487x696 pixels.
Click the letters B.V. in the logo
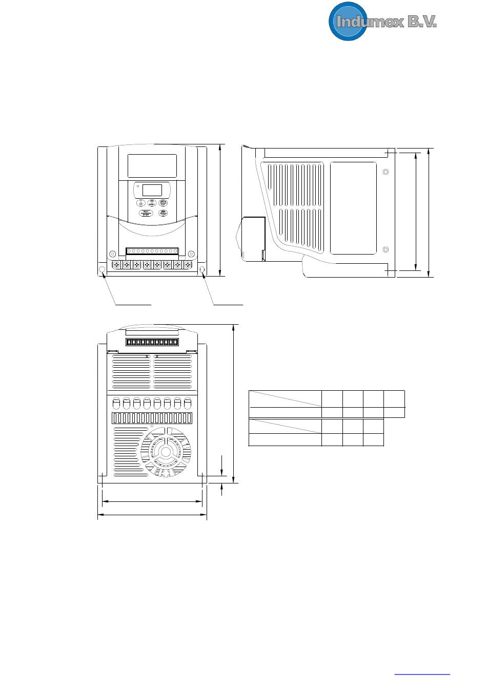point(422,22)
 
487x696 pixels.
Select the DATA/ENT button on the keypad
point(164,203)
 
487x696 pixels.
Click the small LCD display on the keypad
point(152,190)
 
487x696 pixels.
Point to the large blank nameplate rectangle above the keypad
point(152,166)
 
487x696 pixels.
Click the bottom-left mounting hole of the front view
point(102,269)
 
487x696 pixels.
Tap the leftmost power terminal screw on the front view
point(116,265)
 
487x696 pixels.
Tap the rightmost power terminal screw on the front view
point(188,265)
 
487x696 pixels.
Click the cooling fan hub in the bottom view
point(166,452)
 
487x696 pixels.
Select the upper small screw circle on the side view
point(386,172)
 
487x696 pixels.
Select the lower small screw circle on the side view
point(386,249)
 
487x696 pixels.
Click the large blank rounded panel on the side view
point(353,208)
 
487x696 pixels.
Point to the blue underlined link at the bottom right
point(422,674)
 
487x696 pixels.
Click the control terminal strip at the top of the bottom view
point(152,342)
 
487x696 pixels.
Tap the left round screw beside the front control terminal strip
point(112,253)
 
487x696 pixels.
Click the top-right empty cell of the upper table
point(394,399)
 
